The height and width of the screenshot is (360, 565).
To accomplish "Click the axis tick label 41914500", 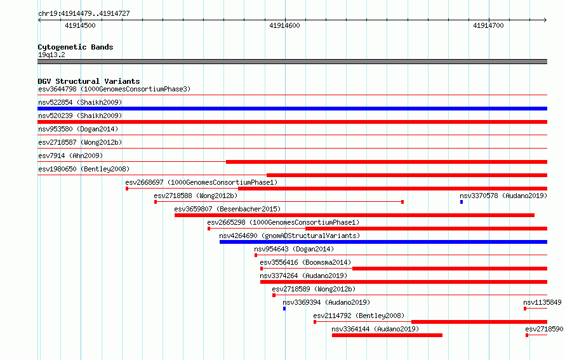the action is pos(80,25).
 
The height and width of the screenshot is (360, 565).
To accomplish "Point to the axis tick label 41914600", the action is pos(284,25).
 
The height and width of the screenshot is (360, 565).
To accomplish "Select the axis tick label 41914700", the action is pos(488,25).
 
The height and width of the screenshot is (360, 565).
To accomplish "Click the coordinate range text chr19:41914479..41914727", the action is pos(84,14).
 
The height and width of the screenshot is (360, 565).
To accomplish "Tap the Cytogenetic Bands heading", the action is pos(76,47).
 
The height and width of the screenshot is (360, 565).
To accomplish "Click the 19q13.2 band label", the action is pos(51,55).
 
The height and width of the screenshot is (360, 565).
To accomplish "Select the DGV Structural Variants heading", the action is pos(89,81).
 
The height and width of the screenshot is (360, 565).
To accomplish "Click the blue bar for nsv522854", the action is pos(292,109).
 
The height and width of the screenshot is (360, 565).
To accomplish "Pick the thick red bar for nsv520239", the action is pos(292,122).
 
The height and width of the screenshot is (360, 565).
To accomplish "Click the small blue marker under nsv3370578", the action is pos(462,202).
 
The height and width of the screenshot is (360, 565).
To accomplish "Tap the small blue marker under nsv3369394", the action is pos(284,309).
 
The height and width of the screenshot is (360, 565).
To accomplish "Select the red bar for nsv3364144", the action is pos(387,335).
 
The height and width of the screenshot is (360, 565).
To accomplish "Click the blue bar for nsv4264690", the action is pos(383,242).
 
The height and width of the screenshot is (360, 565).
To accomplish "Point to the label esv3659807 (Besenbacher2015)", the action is pos(227,209).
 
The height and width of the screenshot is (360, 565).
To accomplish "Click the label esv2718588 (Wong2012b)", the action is pos(196,196).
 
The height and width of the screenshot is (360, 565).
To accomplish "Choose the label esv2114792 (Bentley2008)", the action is pos(359,316).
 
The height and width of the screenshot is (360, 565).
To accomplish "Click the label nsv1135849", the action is pos(542,302).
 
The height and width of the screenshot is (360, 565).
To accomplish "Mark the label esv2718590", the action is pos(544,329).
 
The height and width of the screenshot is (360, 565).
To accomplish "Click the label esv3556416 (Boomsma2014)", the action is pos(305,262).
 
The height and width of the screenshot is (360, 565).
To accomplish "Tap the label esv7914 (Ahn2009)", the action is pos(70,156).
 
